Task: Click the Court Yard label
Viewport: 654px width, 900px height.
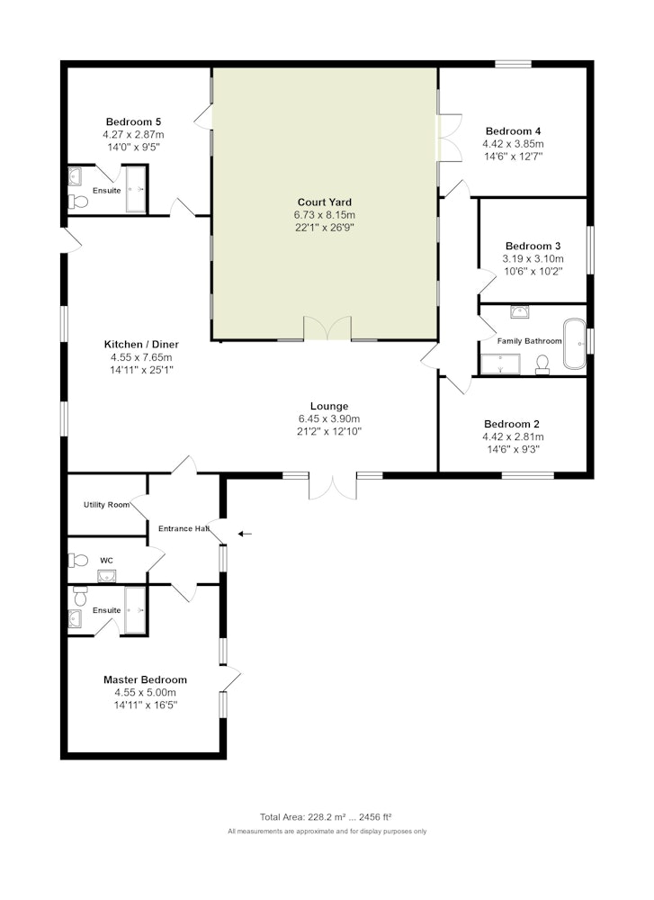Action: click(324, 202)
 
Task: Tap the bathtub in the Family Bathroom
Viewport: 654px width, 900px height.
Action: click(574, 344)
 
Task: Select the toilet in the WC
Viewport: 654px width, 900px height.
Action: click(77, 560)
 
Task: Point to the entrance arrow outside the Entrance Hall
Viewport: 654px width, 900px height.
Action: click(245, 534)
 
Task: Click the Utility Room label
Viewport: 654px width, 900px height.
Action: click(107, 505)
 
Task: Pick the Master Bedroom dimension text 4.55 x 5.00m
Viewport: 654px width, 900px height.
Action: click(145, 692)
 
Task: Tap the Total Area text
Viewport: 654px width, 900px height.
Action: click(326, 817)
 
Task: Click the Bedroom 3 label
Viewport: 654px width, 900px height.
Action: click(533, 246)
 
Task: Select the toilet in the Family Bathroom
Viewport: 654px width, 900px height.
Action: click(542, 364)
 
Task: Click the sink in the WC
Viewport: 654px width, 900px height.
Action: click(107, 576)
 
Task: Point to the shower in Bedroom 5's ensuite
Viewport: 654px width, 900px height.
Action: click(136, 189)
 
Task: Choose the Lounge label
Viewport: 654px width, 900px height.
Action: click(329, 406)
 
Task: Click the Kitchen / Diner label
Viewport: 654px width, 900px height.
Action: click(141, 345)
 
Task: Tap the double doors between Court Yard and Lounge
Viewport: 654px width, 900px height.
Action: click(327, 328)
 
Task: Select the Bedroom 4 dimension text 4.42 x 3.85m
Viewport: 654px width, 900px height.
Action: click(513, 143)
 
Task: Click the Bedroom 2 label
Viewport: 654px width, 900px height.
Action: click(512, 424)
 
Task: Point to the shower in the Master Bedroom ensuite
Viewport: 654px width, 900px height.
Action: click(136, 610)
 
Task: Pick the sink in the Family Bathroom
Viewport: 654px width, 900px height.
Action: click(520, 311)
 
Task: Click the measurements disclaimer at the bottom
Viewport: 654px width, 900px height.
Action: click(327, 831)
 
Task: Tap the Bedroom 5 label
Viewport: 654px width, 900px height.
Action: click(134, 121)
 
